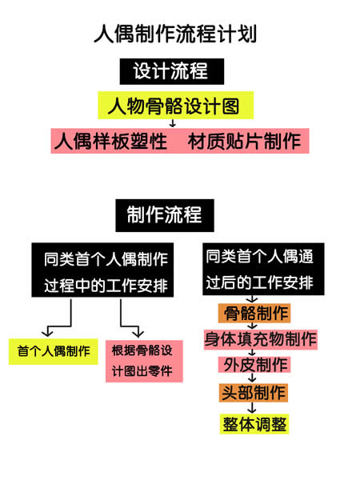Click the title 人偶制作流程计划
(x=175, y=34)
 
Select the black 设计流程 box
(x=172, y=71)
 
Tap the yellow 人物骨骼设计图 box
(x=176, y=105)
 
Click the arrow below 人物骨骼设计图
(x=173, y=123)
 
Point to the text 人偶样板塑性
(x=110, y=141)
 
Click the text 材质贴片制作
(x=244, y=141)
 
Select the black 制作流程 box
(x=165, y=215)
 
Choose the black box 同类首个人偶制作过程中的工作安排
(x=102, y=270)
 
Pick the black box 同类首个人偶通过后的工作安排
(x=263, y=269)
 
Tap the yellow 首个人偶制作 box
(x=54, y=351)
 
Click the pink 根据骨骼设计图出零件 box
(x=144, y=362)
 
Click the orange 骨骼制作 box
(x=254, y=313)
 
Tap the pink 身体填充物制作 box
(x=261, y=339)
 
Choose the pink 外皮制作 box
(x=254, y=365)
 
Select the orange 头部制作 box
(x=254, y=393)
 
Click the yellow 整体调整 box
(x=254, y=424)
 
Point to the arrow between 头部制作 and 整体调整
(x=252, y=407)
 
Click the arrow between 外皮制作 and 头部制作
(x=252, y=378)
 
